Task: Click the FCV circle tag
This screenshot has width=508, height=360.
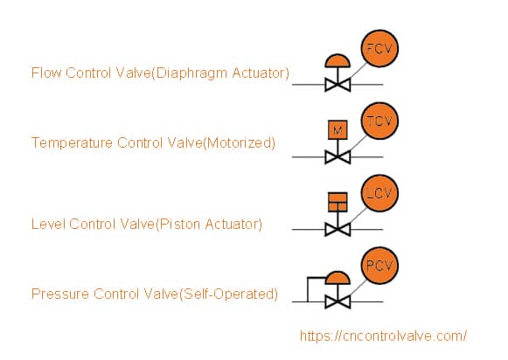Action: click(379, 49)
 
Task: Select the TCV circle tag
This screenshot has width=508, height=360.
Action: click(379, 121)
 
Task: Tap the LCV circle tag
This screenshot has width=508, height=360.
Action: click(379, 193)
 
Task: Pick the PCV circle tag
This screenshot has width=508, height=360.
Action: click(379, 266)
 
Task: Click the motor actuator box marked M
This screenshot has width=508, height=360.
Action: click(338, 130)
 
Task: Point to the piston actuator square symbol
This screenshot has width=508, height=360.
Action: click(338, 203)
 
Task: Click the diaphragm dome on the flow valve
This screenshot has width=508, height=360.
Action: click(338, 61)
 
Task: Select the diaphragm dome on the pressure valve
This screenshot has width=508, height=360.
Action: click(338, 278)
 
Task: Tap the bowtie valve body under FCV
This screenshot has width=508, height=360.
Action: click(338, 85)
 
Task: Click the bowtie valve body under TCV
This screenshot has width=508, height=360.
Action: click(338, 157)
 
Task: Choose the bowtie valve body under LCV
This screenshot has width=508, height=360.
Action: click(338, 230)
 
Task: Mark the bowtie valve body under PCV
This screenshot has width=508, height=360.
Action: click(338, 302)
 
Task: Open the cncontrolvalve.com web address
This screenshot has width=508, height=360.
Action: click(383, 336)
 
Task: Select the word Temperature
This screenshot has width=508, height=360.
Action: click(72, 142)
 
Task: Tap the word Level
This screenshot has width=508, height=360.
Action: click(48, 224)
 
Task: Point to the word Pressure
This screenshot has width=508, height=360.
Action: click(60, 294)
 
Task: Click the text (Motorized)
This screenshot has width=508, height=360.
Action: click(239, 142)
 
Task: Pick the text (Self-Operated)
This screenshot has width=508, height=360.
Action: click(228, 294)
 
